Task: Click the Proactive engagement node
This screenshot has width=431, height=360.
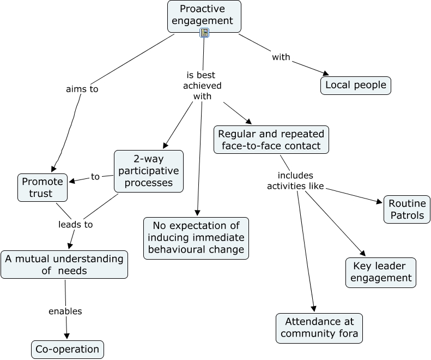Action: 204,15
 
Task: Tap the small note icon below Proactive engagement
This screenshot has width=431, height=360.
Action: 204,33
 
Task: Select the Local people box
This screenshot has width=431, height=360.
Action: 355,85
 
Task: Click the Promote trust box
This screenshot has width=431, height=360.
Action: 43,187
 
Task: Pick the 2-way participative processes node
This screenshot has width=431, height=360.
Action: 148,171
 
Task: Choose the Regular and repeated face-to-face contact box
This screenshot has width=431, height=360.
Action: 271,140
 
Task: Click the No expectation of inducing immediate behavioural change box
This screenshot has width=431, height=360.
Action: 196,238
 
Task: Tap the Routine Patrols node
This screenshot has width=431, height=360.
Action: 406,209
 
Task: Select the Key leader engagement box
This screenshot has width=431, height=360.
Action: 380,272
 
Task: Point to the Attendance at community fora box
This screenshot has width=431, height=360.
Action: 319,328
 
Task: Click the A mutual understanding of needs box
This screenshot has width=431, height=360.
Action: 64,265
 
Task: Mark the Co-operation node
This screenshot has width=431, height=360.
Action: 67,349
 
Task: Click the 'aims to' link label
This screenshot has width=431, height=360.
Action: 82,89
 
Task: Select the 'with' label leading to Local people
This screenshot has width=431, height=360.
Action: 281,57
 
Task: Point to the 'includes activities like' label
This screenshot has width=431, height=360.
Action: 295,181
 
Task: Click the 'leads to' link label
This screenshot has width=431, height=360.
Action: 76,224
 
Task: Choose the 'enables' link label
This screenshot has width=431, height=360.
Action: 65,311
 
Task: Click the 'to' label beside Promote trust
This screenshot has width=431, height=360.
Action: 95,177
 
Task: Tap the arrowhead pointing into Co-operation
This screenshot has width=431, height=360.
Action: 68,337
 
